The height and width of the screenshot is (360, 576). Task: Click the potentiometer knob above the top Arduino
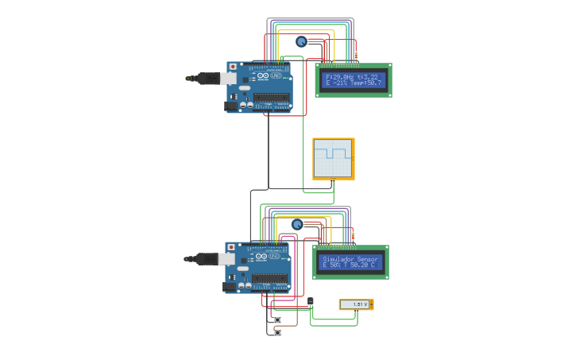click(x=301, y=41)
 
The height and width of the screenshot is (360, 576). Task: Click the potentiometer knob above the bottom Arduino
click(x=297, y=224)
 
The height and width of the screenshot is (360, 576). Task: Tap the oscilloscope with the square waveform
click(x=333, y=158)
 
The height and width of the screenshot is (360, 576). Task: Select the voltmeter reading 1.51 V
click(x=356, y=304)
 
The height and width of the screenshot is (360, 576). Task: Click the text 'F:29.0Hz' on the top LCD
click(x=339, y=76)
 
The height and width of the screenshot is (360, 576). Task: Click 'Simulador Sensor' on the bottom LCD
click(x=350, y=259)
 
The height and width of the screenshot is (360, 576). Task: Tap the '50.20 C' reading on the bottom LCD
click(x=362, y=265)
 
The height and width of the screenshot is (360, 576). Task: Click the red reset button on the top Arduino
click(x=234, y=67)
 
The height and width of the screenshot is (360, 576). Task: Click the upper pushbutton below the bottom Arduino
click(x=277, y=319)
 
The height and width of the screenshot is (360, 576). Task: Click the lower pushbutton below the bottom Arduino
click(x=277, y=332)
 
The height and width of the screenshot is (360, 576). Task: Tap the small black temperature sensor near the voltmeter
click(x=311, y=300)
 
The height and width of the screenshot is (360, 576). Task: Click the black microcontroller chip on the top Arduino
click(x=271, y=99)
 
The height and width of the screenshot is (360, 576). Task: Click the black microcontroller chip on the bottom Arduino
click(x=269, y=279)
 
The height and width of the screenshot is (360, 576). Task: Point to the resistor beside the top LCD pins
click(x=355, y=55)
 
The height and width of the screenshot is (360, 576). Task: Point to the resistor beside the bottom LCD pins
click(x=353, y=235)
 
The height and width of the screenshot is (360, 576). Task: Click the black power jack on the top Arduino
click(x=231, y=105)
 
